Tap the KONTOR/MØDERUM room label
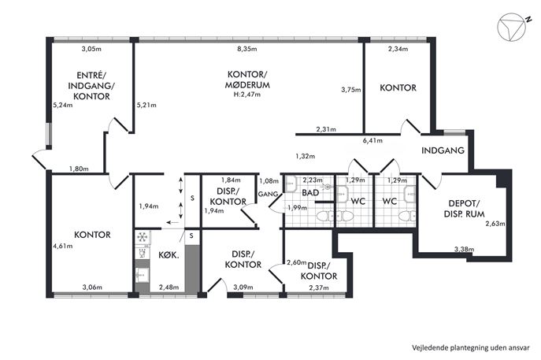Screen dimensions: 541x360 click(247, 80)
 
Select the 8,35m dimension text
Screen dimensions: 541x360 click(247, 49)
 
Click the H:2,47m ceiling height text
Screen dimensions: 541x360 click(247, 95)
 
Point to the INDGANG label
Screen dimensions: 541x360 click(443, 150)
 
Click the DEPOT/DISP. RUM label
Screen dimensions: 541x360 click(464, 209)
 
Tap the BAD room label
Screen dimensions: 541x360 click(310, 192)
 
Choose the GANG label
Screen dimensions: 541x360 click(268, 195)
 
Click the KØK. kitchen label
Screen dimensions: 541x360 click(169, 256)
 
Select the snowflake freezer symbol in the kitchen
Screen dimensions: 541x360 click(142, 237)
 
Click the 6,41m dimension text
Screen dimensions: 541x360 click(372, 140)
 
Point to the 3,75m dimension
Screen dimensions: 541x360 click(351, 90)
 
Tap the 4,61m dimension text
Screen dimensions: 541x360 click(63, 246)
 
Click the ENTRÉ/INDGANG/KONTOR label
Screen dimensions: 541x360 click(91, 86)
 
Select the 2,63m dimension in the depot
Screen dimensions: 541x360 click(495, 224)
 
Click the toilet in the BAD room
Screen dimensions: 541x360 click(324, 217)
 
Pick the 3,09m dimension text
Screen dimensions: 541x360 click(243, 288)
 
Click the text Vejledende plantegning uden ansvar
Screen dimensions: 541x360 click(471, 347)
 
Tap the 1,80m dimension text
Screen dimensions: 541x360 click(79, 169)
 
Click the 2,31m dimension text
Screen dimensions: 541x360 click(326, 130)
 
